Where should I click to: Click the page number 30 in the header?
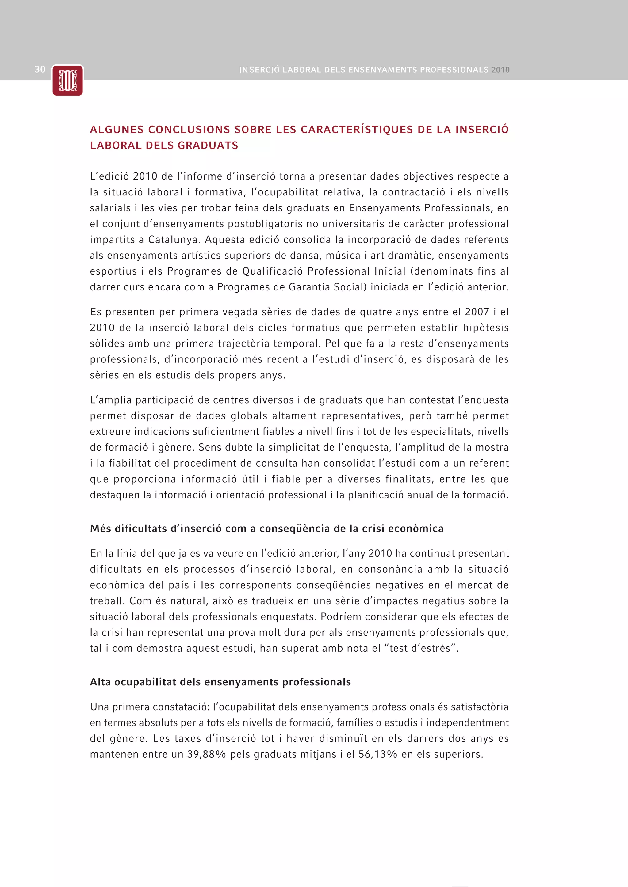(x=40, y=69)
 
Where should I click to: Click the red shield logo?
(x=68, y=80)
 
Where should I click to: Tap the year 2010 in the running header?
(x=500, y=70)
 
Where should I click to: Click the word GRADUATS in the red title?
(x=208, y=145)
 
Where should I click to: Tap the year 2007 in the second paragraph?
(x=477, y=312)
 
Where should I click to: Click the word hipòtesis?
(x=486, y=328)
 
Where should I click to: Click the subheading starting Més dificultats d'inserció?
(x=266, y=529)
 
